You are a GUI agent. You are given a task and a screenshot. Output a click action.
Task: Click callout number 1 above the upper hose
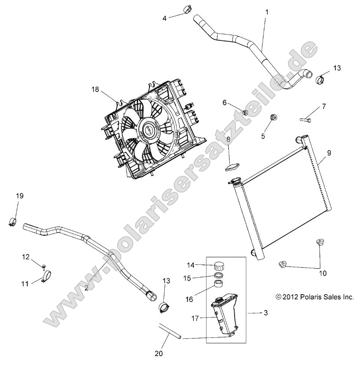click(267, 12)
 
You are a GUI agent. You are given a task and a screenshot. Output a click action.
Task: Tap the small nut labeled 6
click(246, 112)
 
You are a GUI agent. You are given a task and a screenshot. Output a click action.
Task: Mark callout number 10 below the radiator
click(323, 273)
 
